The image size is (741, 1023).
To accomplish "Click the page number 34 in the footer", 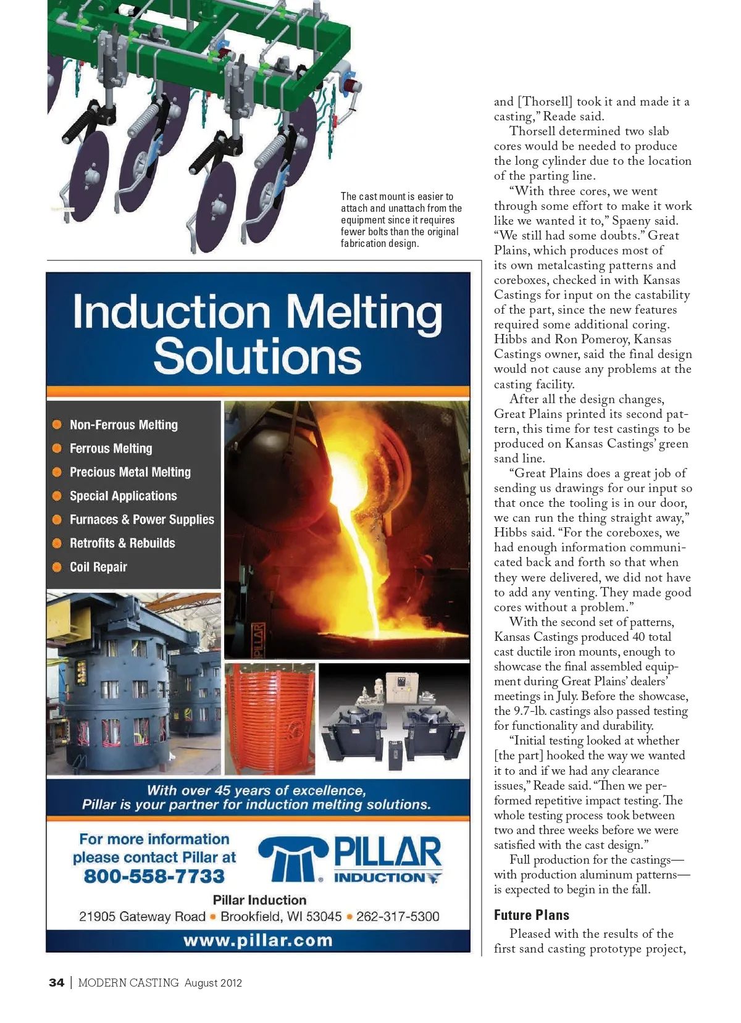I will point(56,982).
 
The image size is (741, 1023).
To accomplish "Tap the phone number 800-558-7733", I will point(154,876).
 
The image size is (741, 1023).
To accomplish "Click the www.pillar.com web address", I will point(258,940).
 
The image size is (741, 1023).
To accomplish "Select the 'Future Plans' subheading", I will point(532,915).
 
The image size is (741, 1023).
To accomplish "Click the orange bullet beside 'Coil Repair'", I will point(57,567).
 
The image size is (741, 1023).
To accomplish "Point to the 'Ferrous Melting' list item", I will point(111,448).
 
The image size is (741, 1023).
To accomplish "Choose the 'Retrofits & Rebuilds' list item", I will point(122,543).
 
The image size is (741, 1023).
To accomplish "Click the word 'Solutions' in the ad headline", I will point(257,356).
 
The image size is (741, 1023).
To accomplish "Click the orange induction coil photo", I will point(270,719).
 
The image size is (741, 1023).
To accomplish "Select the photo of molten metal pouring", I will point(346,530).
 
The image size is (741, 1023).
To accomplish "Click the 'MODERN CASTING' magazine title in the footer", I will point(128,982).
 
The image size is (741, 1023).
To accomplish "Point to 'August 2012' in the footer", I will point(213,983).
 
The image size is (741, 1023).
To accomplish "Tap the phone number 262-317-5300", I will point(398,917).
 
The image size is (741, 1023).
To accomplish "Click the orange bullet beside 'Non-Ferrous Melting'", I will point(57,425).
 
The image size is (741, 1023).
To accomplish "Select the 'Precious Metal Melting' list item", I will point(130,472).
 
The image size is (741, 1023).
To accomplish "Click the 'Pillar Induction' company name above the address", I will point(259,900).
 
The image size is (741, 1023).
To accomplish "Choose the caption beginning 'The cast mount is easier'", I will point(401,220).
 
